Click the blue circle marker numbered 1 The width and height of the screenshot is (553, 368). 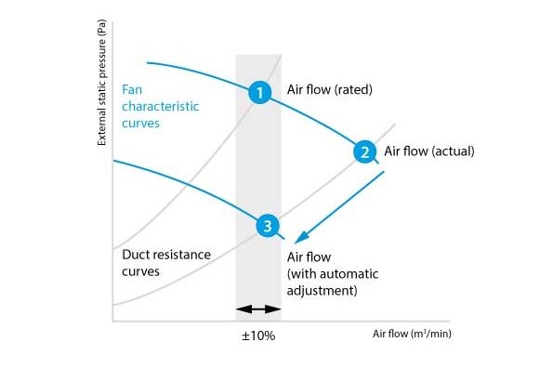(259, 92)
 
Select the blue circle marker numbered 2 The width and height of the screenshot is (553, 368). (364, 151)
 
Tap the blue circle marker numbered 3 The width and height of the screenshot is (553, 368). (268, 225)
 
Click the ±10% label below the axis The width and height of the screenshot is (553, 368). (258, 335)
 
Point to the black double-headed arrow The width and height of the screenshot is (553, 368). (258, 309)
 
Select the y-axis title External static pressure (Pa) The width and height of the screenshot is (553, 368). (101, 83)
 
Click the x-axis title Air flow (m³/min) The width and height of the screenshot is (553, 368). (412, 334)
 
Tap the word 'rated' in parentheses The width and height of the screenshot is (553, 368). (352, 89)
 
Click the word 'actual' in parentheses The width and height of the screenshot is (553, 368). (453, 151)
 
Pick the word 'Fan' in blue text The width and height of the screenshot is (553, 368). (132, 89)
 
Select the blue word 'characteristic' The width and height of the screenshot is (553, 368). (161, 106)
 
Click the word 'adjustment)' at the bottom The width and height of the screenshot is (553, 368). (322, 291)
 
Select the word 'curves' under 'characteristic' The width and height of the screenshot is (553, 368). (140, 124)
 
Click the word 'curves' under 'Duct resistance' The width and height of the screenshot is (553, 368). (140, 271)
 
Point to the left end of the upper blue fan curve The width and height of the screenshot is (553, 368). (148, 63)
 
